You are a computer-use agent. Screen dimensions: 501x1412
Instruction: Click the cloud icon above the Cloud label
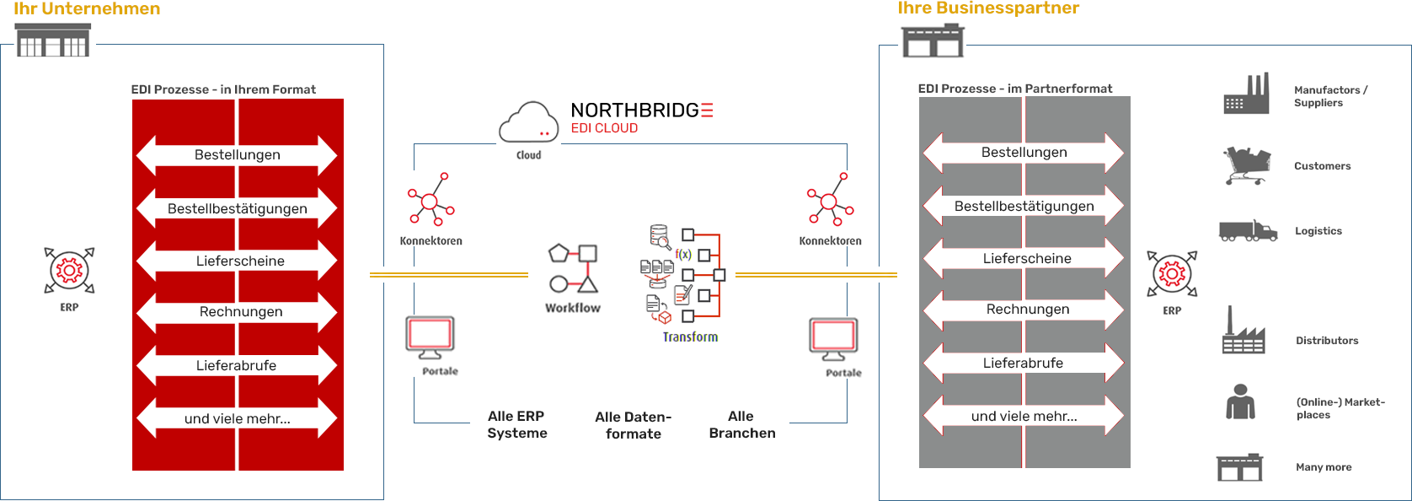tap(528, 123)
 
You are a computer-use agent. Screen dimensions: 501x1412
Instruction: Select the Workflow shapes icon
tap(573, 268)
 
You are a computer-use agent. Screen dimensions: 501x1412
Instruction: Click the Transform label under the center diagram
tap(690, 337)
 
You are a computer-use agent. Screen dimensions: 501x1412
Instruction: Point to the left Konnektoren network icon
tap(431, 200)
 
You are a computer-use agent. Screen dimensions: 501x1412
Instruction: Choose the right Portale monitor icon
tap(833, 338)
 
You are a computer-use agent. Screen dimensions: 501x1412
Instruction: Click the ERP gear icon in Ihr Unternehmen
tap(69, 270)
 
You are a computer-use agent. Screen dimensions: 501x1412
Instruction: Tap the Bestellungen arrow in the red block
tap(237, 155)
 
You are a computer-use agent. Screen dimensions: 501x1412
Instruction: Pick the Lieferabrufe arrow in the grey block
tap(1024, 364)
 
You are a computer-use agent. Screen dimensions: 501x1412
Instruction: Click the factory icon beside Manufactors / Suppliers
tap(1246, 94)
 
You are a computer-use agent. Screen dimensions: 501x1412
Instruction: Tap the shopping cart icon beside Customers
tap(1246, 164)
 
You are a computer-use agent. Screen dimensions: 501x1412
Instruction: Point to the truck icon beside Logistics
tap(1248, 230)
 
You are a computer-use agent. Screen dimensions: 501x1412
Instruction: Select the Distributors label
tap(1327, 341)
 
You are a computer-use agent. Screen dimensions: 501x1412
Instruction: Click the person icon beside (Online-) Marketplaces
tap(1240, 401)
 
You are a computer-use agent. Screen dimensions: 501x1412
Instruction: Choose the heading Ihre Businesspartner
tap(988, 8)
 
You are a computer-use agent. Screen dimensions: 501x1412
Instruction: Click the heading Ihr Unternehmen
tap(87, 9)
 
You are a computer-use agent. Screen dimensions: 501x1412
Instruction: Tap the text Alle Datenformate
tap(634, 425)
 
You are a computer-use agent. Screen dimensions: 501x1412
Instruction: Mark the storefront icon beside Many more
tap(1239, 466)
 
